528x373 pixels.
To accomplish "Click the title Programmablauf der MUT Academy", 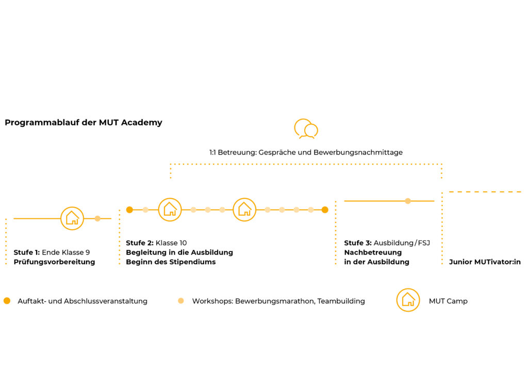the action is click(x=84, y=123).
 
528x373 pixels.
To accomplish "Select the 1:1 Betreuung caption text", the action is click(x=306, y=152).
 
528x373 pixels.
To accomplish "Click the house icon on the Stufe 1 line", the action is click(x=72, y=218).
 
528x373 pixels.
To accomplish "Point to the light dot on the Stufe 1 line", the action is click(x=97, y=218).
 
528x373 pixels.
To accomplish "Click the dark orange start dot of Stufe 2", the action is click(x=129, y=210).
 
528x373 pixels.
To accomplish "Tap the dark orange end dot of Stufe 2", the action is click(x=325, y=210).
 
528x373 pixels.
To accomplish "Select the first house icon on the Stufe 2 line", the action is click(x=170, y=210).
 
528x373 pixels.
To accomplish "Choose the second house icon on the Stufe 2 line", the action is click(x=244, y=210).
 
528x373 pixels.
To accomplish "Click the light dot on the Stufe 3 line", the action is click(x=408, y=201).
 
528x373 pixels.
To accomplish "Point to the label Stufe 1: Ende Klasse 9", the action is click(x=52, y=252).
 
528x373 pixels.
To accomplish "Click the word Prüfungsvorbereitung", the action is click(x=54, y=262).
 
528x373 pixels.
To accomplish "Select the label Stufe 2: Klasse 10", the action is click(x=156, y=243).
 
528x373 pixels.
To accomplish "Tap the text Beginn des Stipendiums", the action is click(x=171, y=262).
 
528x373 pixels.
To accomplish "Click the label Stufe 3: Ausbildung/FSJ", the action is click(x=387, y=243).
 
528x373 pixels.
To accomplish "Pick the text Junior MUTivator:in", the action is click(x=485, y=262).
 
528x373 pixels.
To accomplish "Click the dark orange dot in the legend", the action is click(x=7, y=301).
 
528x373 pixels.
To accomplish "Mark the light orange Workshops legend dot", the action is click(x=181, y=301).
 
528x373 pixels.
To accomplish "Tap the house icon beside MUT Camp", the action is click(x=408, y=300).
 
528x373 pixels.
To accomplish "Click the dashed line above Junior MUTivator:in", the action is click(x=485, y=192).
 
